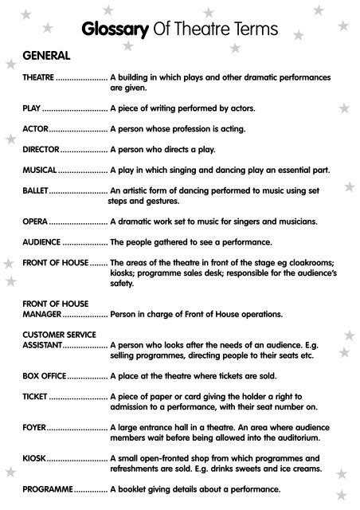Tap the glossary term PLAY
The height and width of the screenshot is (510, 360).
tap(31, 106)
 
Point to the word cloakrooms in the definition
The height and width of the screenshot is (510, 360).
tap(309, 262)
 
